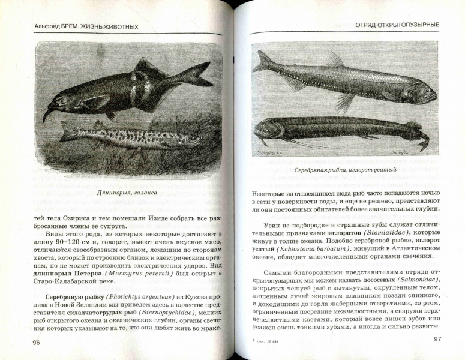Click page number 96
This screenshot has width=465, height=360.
[x=36, y=342]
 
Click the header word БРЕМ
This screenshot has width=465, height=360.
[x=75, y=26]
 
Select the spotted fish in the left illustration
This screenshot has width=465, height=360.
[x=120, y=137]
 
